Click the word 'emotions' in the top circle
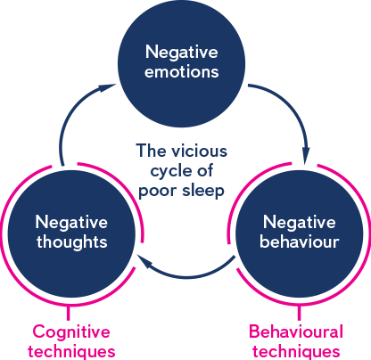[x=182, y=72]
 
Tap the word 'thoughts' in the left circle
[x=72, y=241]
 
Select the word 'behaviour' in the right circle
[x=300, y=241]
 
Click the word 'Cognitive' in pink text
[x=71, y=332]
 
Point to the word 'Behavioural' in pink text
[x=296, y=331]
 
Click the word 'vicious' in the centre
[x=200, y=151]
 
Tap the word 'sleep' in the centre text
[x=203, y=191]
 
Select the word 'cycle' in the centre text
[x=168, y=172]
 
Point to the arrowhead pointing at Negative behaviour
[x=306, y=155]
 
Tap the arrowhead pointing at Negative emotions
[x=106, y=87]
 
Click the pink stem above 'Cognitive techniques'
[x=69, y=313]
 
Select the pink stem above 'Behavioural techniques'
[x=299, y=313]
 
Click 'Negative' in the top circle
[x=182, y=53]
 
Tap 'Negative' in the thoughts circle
[x=71, y=223]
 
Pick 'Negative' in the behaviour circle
[x=300, y=223]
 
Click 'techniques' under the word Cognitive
[x=71, y=352]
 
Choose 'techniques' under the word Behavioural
[x=296, y=352]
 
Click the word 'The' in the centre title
[x=151, y=151]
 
